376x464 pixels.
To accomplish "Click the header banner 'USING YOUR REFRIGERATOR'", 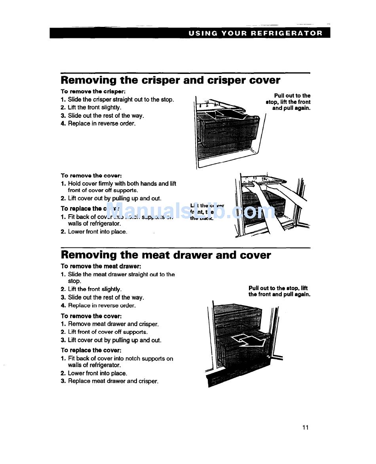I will pos(255,33).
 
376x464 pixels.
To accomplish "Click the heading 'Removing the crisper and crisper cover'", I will pos(170,80).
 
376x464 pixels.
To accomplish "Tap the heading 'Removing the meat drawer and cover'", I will pos(166,255).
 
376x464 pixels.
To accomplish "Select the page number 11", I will pos(305,427).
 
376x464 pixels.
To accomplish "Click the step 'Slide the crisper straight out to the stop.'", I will pos(121,100).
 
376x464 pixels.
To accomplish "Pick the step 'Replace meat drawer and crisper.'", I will pos(113,381).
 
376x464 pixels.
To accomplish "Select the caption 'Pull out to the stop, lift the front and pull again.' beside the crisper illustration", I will pos(288,102).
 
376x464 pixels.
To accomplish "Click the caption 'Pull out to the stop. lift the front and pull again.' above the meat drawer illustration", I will pos(279,291).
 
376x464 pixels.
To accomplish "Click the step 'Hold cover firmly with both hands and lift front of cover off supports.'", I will pos(122,187).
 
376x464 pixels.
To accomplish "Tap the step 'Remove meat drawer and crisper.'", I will pos(113,324).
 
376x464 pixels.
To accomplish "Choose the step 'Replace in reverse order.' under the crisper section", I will pos(102,124).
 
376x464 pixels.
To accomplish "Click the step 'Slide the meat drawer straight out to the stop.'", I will pos(121,277).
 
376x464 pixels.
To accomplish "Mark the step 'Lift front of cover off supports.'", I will pos(108,332).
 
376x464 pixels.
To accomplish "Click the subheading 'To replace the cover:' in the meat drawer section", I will pos(91,350).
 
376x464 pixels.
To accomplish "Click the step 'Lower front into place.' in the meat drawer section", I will pos(97,373).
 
